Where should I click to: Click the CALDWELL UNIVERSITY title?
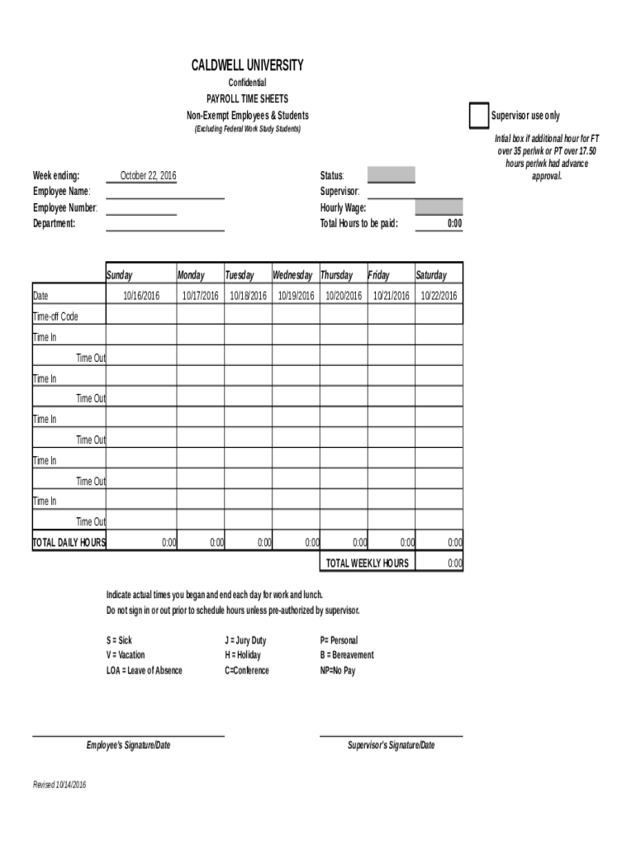click(x=247, y=65)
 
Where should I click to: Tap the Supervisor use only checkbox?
click(x=478, y=116)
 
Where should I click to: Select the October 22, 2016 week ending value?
click(x=148, y=176)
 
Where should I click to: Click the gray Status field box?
click(x=391, y=175)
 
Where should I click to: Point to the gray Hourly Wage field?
click(x=439, y=207)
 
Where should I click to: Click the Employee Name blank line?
click(x=165, y=192)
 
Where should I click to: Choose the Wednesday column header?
click(x=292, y=275)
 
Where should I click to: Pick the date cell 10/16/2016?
click(x=141, y=296)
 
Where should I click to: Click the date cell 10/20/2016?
click(x=343, y=296)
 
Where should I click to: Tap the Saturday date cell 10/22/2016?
click(x=439, y=296)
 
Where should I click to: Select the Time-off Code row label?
click(x=56, y=316)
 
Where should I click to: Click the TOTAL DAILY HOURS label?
click(x=69, y=543)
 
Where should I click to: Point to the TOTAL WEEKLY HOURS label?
click(x=367, y=563)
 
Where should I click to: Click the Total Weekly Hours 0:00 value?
click(x=454, y=563)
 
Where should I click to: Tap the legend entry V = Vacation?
click(x=126, y=655)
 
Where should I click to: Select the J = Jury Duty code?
click(x=245, y=640)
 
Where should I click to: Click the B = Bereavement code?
click(x=347, y=655)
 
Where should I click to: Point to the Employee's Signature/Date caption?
click(x=128, y=745)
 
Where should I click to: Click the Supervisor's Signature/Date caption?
click(x=391, y=745)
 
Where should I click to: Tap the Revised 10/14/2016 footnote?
click(x=59, y=785)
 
